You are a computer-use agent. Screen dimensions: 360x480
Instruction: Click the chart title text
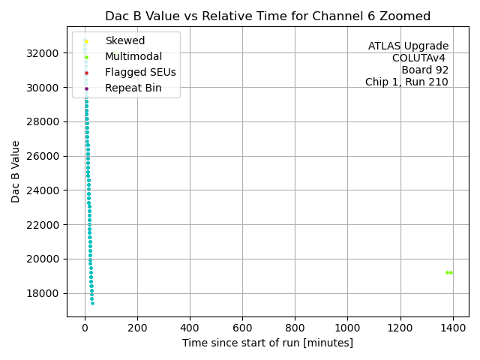click(x=268, y=16)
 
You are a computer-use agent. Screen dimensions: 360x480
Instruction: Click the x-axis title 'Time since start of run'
click(x=268, y=343)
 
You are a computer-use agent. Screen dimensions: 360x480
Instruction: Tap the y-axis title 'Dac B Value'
click(x=16, y=171)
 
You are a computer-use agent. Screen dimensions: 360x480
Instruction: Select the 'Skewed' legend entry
click(x=125, y=40)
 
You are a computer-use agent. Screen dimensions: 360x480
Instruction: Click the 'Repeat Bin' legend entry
click(x=133, y=88)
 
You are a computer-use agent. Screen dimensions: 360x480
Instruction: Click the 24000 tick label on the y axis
click(x=45, y=190)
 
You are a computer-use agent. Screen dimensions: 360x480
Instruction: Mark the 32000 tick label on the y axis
click(x=45, y=53)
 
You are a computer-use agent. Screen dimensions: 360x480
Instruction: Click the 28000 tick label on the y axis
click(x=45, y=121)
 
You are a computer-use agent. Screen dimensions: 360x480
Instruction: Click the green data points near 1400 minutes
click(x=448, y=272)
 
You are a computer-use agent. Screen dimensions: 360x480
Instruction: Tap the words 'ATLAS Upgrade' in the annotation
click(x=408, y=46)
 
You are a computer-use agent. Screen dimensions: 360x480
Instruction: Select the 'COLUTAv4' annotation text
click(x=420, y=58)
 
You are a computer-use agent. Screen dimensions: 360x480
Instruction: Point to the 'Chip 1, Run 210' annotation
click(x=406, y=82)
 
